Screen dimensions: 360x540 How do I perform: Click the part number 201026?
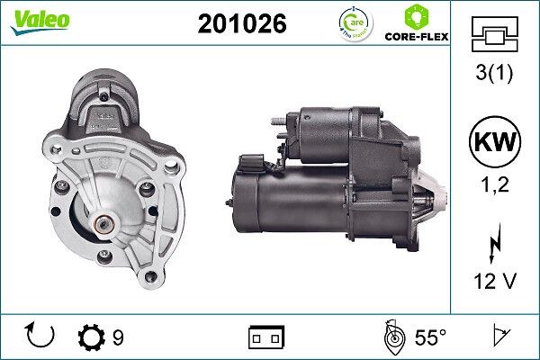[x=241, y=25]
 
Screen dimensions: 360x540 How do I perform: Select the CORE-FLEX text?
[x=417, y=38]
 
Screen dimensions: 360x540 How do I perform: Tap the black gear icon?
[x=92, y=337]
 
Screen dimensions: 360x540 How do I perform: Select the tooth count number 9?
[x=119, y=338]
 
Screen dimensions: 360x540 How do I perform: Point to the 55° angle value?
[x=430, y=338]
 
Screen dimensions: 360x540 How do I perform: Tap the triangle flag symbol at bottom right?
[x=499, y=337]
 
